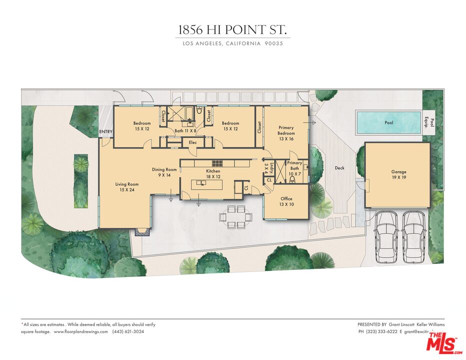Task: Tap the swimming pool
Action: tap(388, 122)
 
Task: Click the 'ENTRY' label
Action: tap(105, 132)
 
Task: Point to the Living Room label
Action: tap(126, 187)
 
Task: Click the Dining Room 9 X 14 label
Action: tap(164, 172)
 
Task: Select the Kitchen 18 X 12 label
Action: tap(213, 174)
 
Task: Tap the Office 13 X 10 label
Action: tap(286, 201)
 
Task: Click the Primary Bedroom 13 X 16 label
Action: tap(286, 133)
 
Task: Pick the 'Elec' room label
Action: tap(192, 142)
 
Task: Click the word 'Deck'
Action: tap(339, 168)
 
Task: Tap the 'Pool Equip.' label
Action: tap(429, 122)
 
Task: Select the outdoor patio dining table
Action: tap(233, 216)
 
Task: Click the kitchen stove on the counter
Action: tap(217, 163)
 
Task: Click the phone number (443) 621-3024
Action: tap(128, 332)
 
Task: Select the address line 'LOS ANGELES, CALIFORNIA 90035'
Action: tap(232, 44)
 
